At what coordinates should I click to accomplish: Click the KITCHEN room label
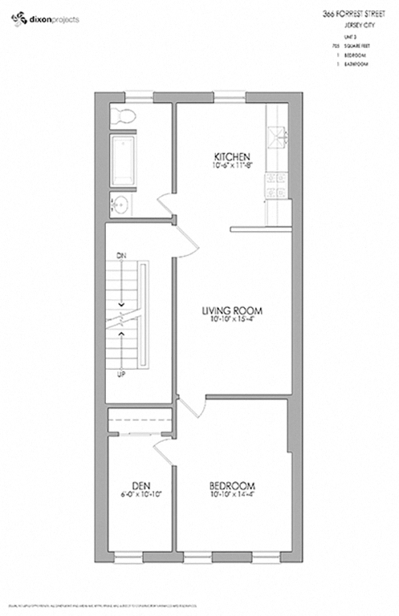tap(233, 156)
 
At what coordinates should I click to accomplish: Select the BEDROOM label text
tap(232, 486)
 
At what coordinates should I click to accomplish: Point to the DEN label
tap(141, 486)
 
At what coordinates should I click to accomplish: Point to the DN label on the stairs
tap(122, 255)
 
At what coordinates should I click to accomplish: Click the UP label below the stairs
tap(122, 375)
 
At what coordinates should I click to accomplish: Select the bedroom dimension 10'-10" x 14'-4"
tap(232, 496)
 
